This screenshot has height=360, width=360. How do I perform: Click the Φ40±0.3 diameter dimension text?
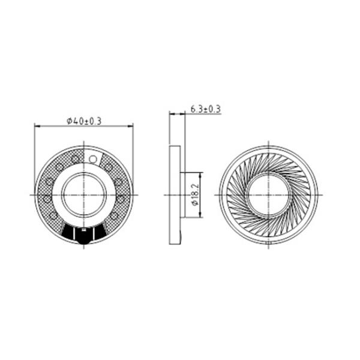(x=84, y=121)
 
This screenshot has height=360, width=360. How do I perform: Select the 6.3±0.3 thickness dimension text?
(x=205, y=109)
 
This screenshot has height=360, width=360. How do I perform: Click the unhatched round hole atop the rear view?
(x=93, y=159)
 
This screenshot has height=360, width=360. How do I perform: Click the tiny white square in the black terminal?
(x=84, y=229)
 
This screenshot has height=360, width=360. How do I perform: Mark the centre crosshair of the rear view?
(x=84, y=195)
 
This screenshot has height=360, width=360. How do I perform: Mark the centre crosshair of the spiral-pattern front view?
(x=269, y=195)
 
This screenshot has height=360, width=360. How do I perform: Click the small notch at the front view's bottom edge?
(x=269, y=243)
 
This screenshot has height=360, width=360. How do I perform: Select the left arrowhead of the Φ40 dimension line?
(x=37, y=126)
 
